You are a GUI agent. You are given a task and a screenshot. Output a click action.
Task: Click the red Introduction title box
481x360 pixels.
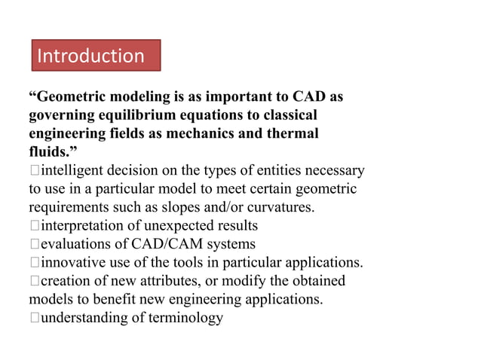coord(96,56)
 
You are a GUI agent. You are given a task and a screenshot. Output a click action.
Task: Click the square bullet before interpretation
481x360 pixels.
coord(34,226)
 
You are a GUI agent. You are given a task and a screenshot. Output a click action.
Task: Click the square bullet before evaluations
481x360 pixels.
coord(34,244)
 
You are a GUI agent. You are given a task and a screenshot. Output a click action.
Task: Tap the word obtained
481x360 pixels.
coord(316,281)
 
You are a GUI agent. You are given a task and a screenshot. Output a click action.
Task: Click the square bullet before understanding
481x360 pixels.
coord(34,318)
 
